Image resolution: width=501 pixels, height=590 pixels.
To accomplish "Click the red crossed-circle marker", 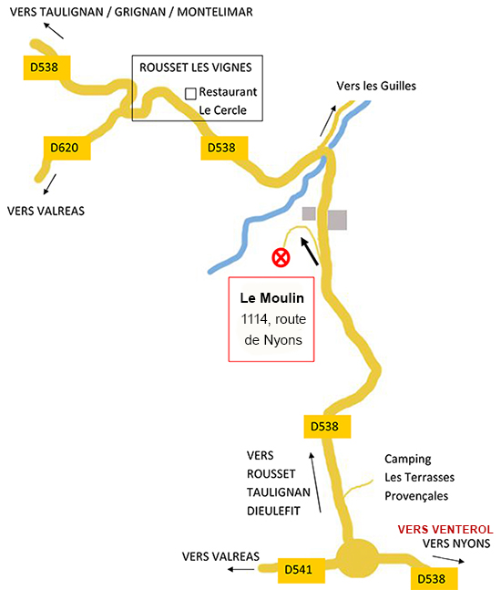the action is tap(281, 258).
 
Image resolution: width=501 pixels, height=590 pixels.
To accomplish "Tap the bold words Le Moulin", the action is tap(272, 298).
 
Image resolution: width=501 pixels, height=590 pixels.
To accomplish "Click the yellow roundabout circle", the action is tap(357, 558).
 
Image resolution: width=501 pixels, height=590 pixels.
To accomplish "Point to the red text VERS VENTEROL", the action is tap(445, 530).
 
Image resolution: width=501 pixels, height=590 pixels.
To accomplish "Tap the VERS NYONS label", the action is tap(456, 543).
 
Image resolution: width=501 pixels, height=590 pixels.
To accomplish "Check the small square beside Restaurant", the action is tap(190, 94).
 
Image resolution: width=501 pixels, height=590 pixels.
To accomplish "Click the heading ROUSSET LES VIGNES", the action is tap(196, 67).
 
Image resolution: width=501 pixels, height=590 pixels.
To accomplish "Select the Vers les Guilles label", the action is tap(376, 86).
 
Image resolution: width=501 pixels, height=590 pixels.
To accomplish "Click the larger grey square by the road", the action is tap(337, 220).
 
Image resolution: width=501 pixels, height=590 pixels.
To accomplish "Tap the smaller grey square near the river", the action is tap(309, 213).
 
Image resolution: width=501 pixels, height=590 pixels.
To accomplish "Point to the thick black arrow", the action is tap(310, 251).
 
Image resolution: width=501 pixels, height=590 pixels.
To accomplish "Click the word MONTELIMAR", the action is tap(215, 12).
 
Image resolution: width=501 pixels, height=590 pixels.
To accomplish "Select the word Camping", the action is tap(408, 460).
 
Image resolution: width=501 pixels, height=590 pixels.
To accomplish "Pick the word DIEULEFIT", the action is tap(273, 511).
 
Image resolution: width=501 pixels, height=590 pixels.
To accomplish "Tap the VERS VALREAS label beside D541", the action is tap(220, 556).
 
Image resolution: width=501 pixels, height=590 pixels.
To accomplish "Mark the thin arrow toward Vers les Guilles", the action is tap(328, 120).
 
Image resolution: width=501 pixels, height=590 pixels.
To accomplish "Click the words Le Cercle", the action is tap(222, 110).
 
